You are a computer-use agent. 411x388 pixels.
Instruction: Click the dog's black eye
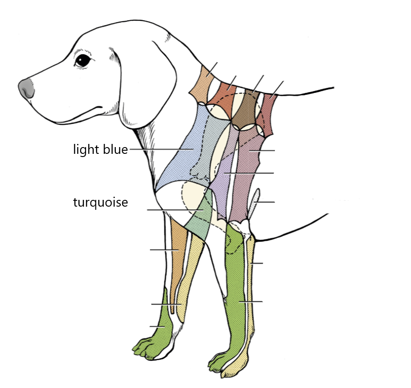[82, 60]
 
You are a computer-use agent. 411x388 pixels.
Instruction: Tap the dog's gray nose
[27, 88]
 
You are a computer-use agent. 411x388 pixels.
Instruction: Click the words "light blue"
[100, 149]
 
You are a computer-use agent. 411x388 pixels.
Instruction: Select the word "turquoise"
[100, 203]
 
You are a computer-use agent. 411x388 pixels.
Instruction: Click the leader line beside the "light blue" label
[158, 149]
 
